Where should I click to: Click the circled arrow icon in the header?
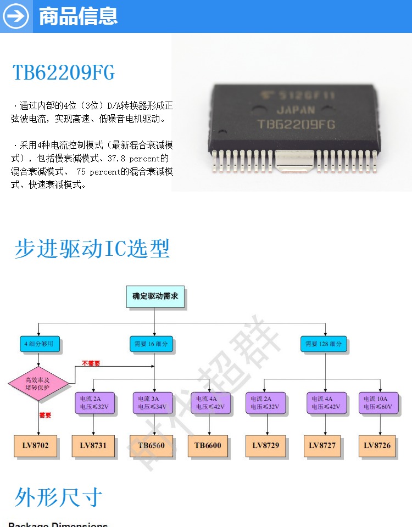16,16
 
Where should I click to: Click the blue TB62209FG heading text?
64,73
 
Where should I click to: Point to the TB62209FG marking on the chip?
296,125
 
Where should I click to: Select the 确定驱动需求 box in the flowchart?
155,296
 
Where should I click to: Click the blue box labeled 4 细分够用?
39,344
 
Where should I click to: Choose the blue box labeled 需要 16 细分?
151,344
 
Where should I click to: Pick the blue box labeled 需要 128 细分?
324,344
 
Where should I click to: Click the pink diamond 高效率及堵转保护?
38,383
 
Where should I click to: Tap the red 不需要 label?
91,363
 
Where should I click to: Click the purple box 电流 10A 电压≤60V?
378,403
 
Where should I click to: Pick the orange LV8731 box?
93,446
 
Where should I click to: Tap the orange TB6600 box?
208,446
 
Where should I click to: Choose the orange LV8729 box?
266,446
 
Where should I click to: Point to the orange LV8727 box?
322,446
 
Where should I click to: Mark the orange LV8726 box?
377,446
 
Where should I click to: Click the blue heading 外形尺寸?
58,497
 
